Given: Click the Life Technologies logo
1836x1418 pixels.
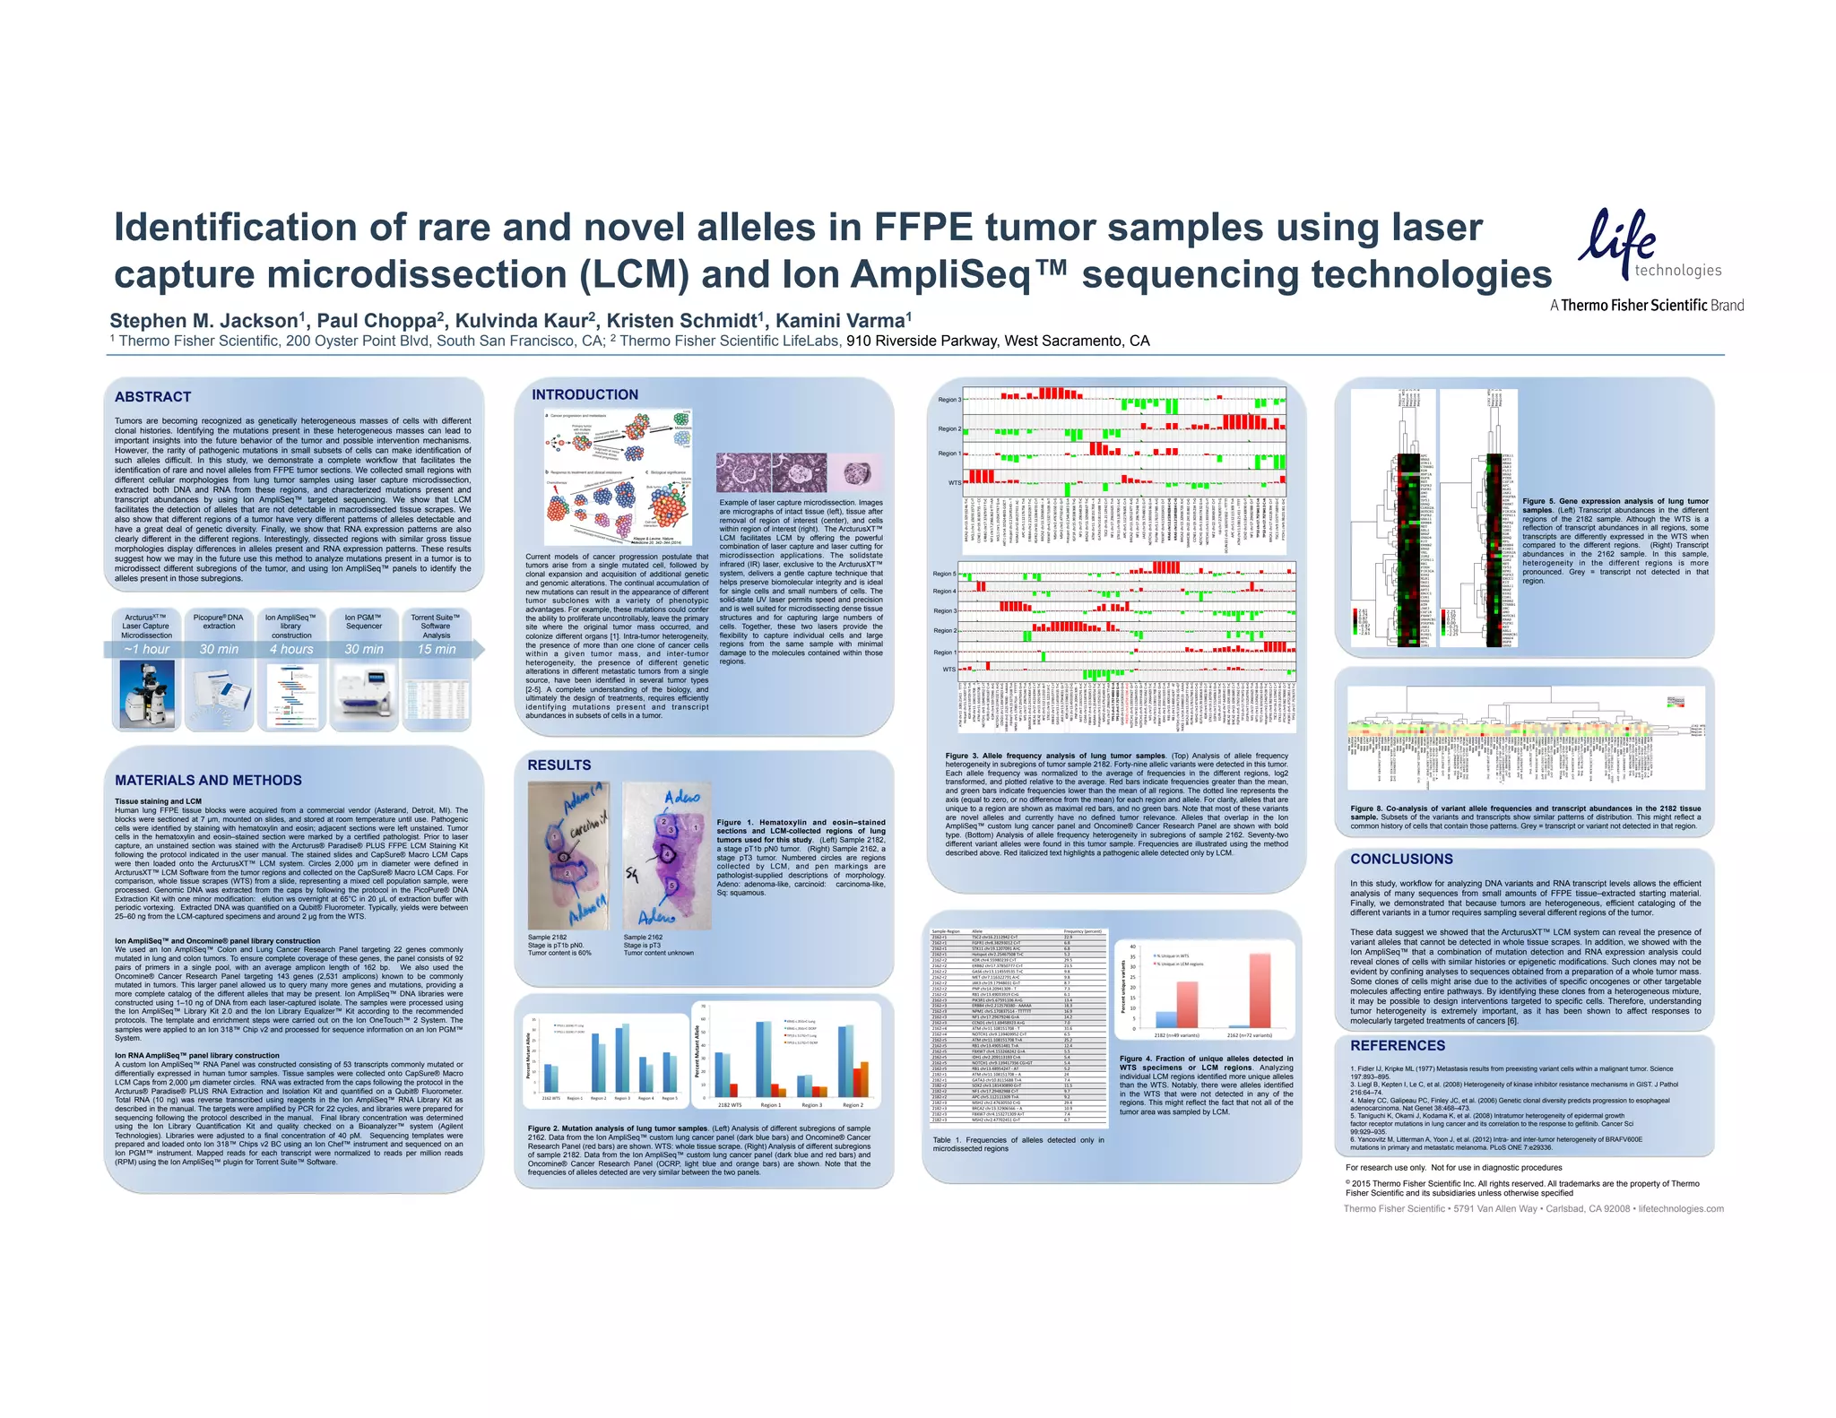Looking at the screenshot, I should click(x=1648, y=246).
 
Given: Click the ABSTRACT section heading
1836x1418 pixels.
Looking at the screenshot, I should click(x=152, y=397).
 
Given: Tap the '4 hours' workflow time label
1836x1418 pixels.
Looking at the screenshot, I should click(x=291, y=649).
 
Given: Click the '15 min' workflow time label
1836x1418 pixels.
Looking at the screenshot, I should click(x=437, y=649).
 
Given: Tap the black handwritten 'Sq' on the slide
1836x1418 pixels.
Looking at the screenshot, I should click(x=633, y=871).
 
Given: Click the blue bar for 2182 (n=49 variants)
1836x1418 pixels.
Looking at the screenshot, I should click(x=1165, y=1019).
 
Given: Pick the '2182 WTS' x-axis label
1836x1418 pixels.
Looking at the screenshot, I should click(x=729, y=1105).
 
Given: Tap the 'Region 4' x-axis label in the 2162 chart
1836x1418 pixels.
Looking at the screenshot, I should click(x=645, y=1098).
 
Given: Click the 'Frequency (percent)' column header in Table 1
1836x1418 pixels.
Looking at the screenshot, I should click(x=1082, y=931).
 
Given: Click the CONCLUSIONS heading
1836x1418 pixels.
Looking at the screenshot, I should click(x=1401, y=859).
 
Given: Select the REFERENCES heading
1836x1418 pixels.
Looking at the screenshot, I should click(x=1397, y=1046).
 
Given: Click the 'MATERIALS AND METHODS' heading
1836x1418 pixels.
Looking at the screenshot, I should click(x=208, y=781).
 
